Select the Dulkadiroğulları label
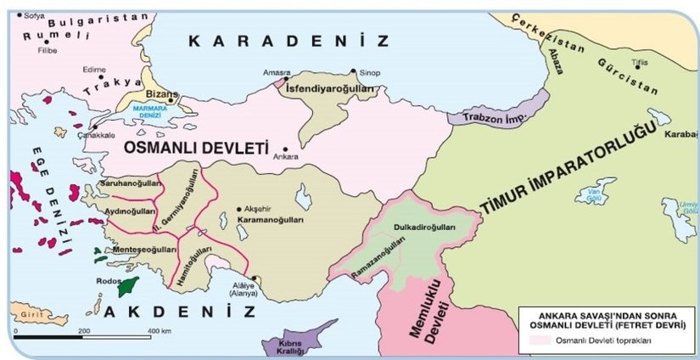click(x=425, y=228)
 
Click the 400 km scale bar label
click(x=160, y=329)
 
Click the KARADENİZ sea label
click(x=288, y=41)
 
